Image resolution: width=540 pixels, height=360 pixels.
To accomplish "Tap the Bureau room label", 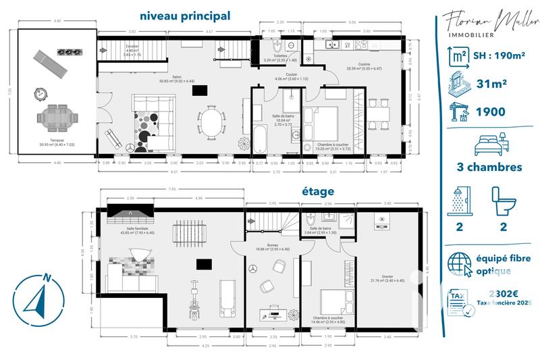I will pyautogui.click(x=273, y=246).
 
